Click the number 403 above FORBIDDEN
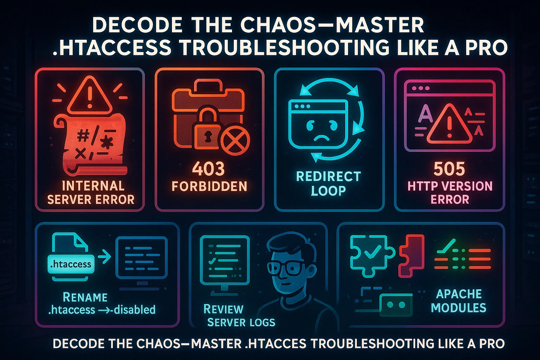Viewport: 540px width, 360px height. coord(208,169)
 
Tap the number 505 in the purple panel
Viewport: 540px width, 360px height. coord(449,169)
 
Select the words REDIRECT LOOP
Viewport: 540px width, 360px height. coord(328,183)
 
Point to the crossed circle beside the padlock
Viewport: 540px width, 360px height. coord(234,141)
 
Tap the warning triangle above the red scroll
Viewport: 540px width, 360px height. coord(90,96)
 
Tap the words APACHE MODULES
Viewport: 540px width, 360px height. coord(458,301)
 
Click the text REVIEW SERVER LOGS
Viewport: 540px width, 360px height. coord(239,315)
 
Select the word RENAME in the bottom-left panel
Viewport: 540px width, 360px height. coord(85,297)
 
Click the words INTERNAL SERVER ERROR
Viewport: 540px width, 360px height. coord(91,193)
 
